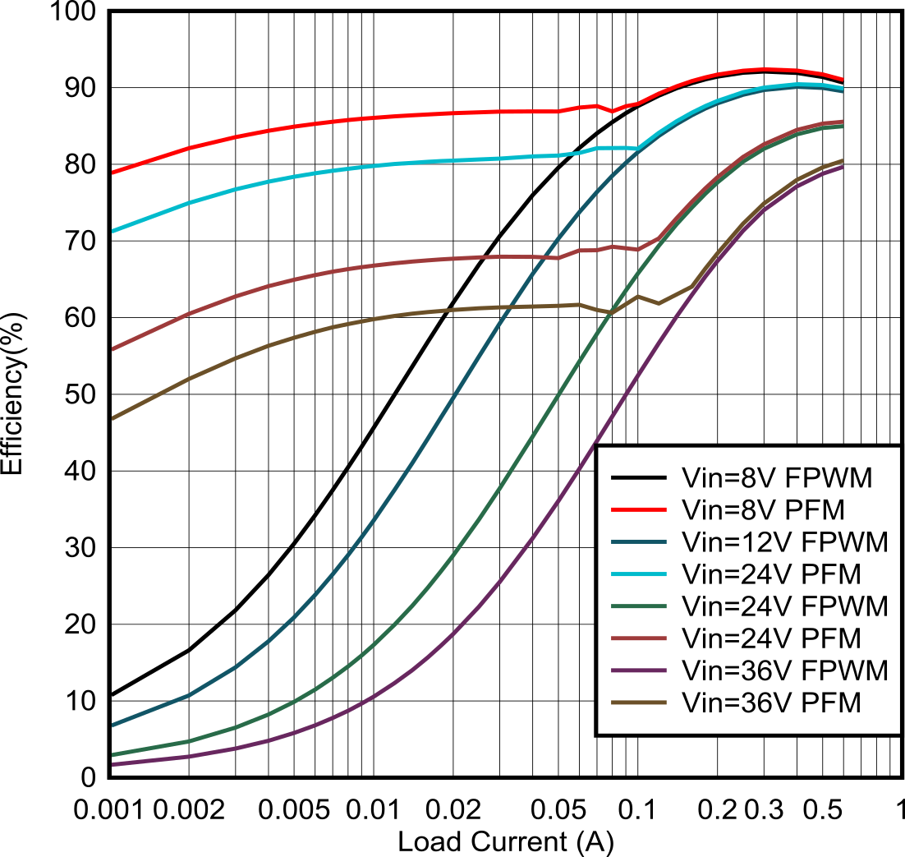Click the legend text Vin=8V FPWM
tap(776, 478)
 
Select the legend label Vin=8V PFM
tap(763, 510)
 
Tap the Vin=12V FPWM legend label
tap(784, 542)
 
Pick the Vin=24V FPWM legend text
tap(784, 606)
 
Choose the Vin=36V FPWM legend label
tap(784, 670)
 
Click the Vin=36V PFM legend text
tap(771, 703)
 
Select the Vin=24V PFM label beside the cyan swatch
tap(771, 574)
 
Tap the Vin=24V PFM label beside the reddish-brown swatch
tap(771, 638)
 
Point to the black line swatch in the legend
tap(638, 478)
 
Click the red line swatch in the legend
tap(638, 510)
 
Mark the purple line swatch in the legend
tap(638, 670)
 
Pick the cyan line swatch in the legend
tap(638, 574)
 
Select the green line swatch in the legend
tap(638, 606)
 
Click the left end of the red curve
tap(112, 173)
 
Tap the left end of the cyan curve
tap(112, 232)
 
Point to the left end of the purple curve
tap(112, 764)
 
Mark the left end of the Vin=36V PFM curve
tap(112, 419)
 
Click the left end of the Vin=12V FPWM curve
tap(112, 725)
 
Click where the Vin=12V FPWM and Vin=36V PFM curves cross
tap(508, 307)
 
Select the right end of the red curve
tap(843, 80)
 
